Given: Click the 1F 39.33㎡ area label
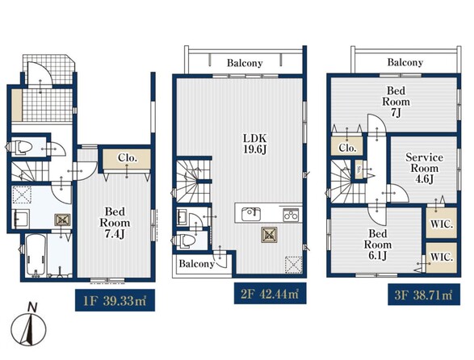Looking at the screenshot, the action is tap(115, 300).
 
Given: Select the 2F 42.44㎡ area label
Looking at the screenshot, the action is tap(270, 293).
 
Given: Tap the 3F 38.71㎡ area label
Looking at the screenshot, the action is tap(424, 294).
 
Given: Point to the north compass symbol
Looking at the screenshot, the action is tap(29, 325).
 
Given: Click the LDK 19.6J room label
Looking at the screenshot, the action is tap(255, 144).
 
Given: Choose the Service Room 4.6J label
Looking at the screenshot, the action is tap(425, 168).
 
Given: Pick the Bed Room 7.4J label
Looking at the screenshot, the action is tap(115, 223).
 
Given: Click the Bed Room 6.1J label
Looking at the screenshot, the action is tap(378, 245).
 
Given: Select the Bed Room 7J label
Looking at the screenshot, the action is tap(396, 101).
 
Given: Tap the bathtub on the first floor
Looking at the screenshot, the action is tap(36, 255).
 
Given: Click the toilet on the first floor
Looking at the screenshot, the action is tap(20, 147).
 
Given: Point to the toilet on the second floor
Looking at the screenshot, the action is tap(184, 241).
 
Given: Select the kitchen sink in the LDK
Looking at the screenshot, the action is tap(251, 214).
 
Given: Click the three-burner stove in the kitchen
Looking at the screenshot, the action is tap(291, 215).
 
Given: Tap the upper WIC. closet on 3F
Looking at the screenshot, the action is tap(442, 223).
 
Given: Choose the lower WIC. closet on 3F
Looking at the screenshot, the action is tap(442, 257).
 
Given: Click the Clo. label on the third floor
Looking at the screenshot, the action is tap(347, 148).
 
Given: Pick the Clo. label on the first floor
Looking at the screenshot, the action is tap(128, 157).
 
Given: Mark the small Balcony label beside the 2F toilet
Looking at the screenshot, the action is tap(196, 264).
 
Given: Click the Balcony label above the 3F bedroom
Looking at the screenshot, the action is tap(405, 62).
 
